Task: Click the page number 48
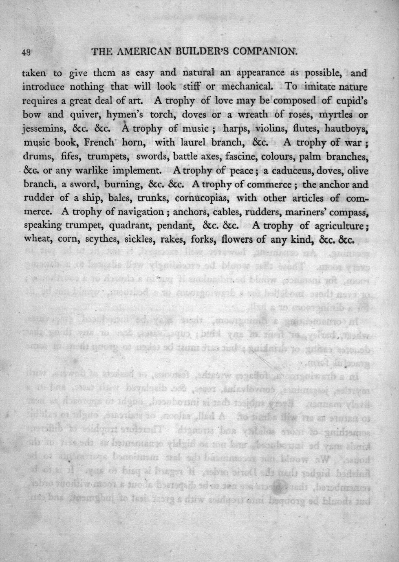coord(26,52)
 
